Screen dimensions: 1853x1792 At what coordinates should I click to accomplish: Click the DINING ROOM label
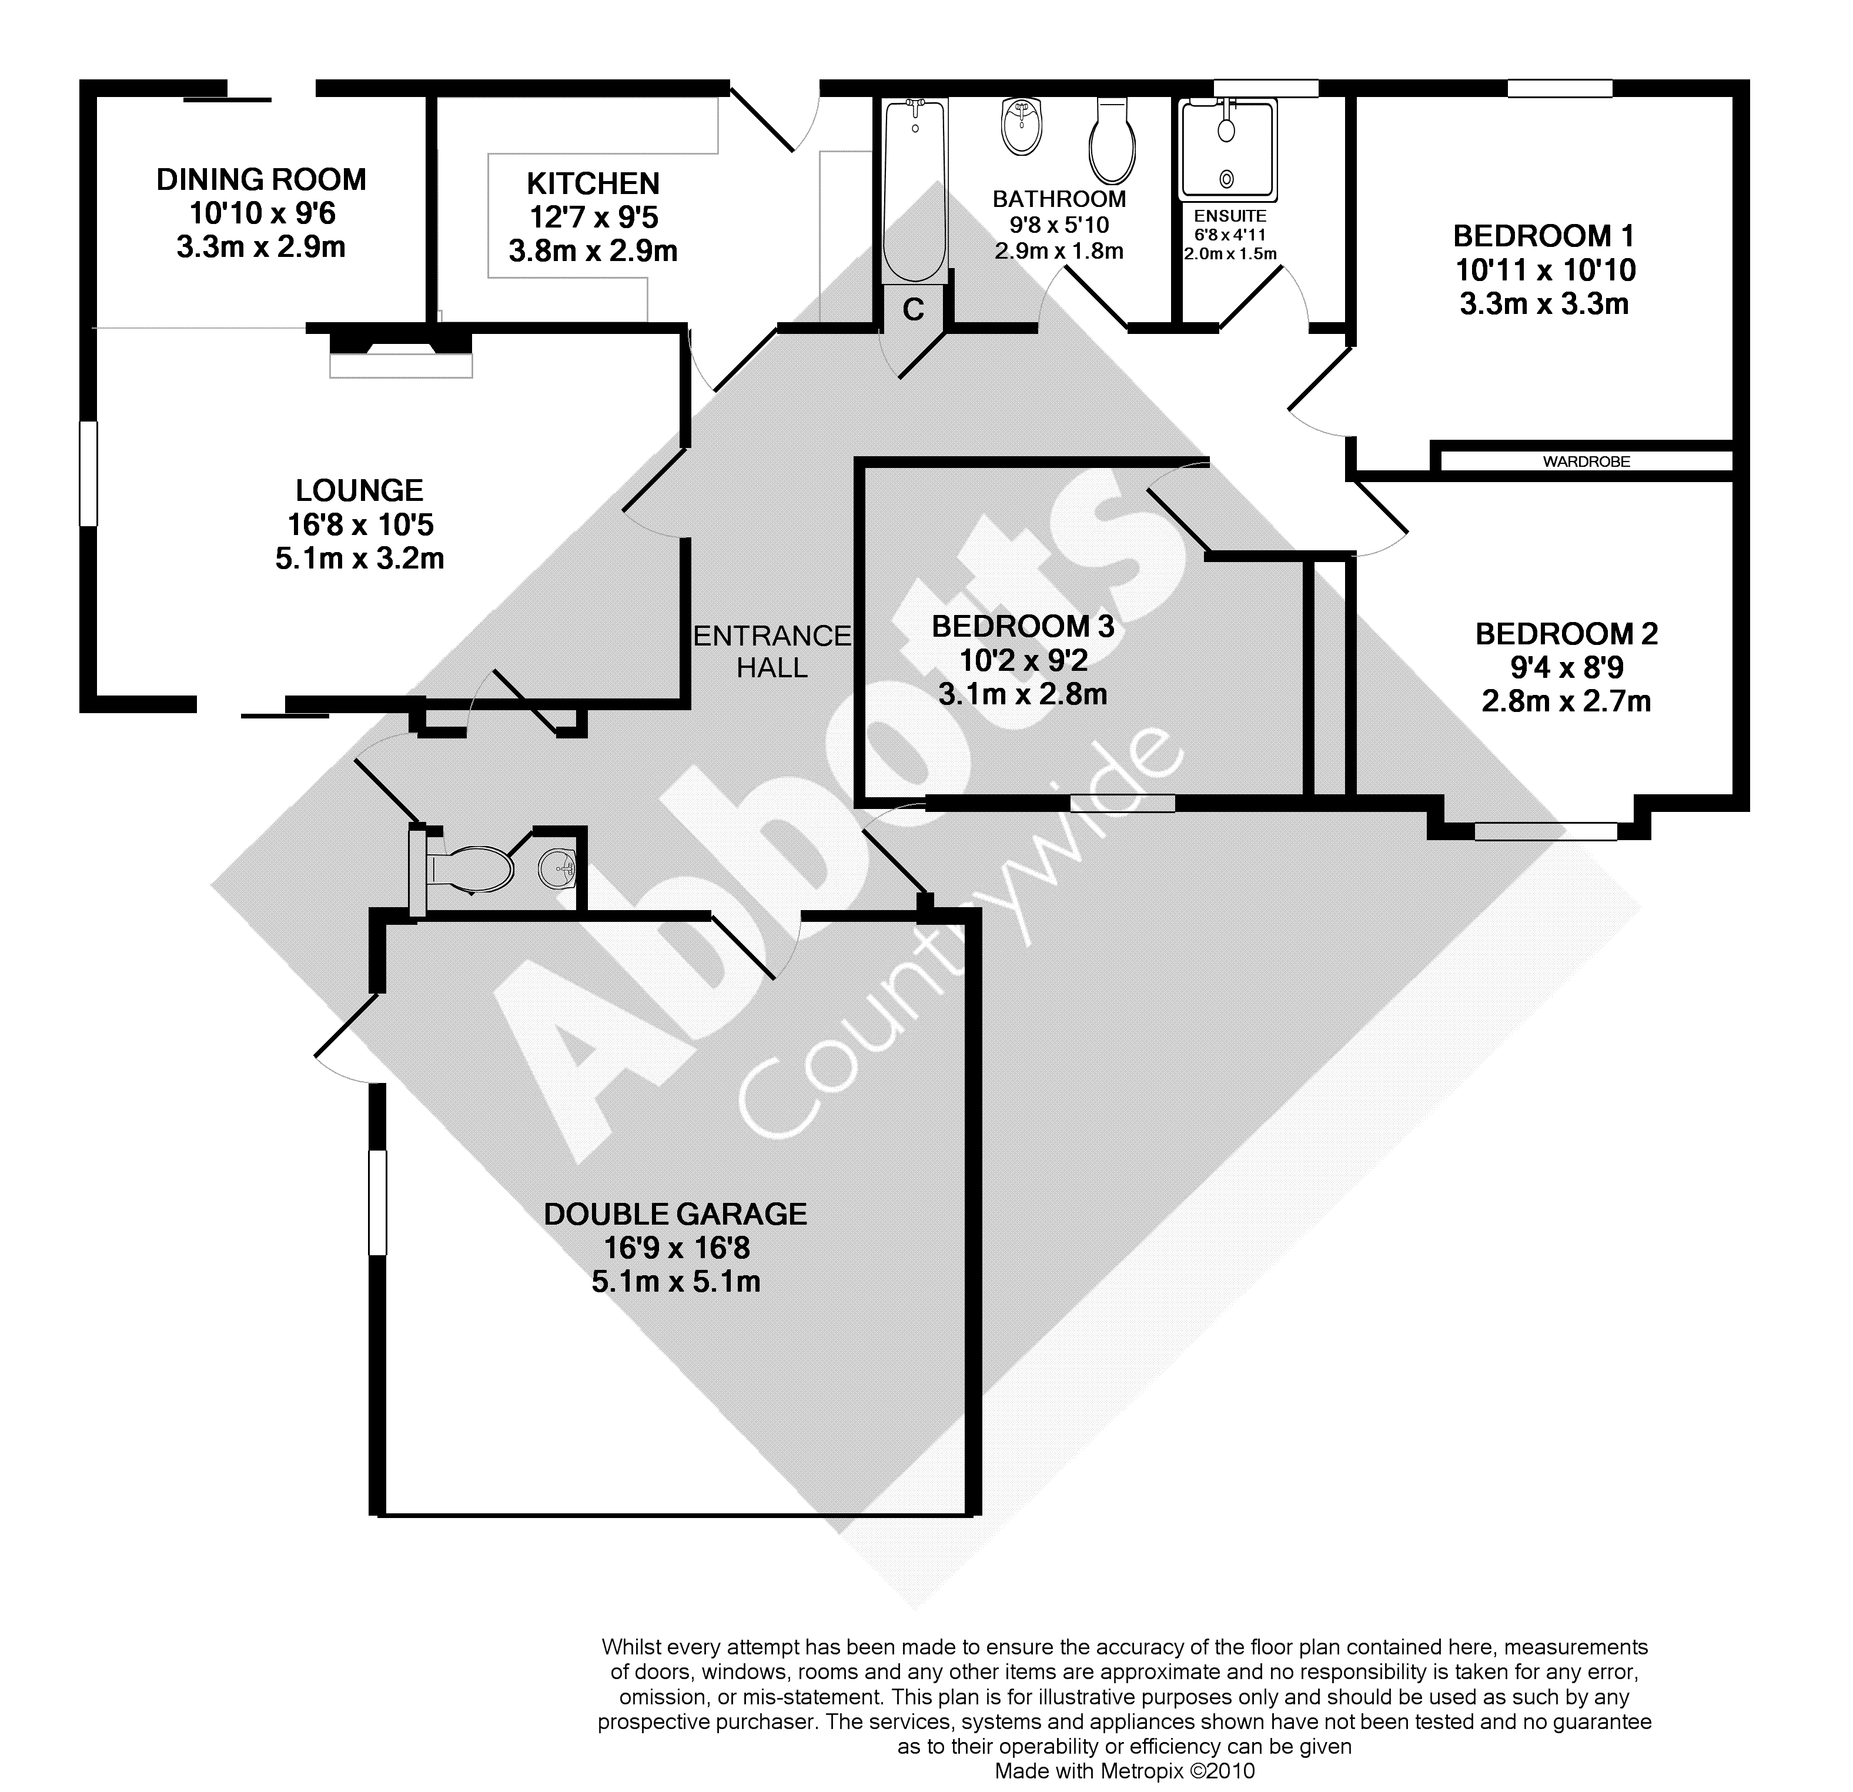pos(261,180)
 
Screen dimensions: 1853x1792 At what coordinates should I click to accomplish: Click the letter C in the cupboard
pos(913,309)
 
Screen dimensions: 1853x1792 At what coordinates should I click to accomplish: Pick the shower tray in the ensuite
pos(1228,151)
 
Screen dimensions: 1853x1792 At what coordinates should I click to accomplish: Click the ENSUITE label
pos(1230,216)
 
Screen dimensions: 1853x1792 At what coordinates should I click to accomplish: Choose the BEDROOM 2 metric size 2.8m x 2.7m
pos(1567,701)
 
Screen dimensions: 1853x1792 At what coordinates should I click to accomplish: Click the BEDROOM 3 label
pos(1023,626)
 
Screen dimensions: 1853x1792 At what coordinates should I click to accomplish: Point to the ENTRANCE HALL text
pos(772,651)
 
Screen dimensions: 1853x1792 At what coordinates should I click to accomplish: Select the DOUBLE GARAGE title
pos(676,1214)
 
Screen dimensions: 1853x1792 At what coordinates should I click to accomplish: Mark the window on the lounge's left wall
pos(89,473)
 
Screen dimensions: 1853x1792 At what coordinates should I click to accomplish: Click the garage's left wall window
pos(378,1203)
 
